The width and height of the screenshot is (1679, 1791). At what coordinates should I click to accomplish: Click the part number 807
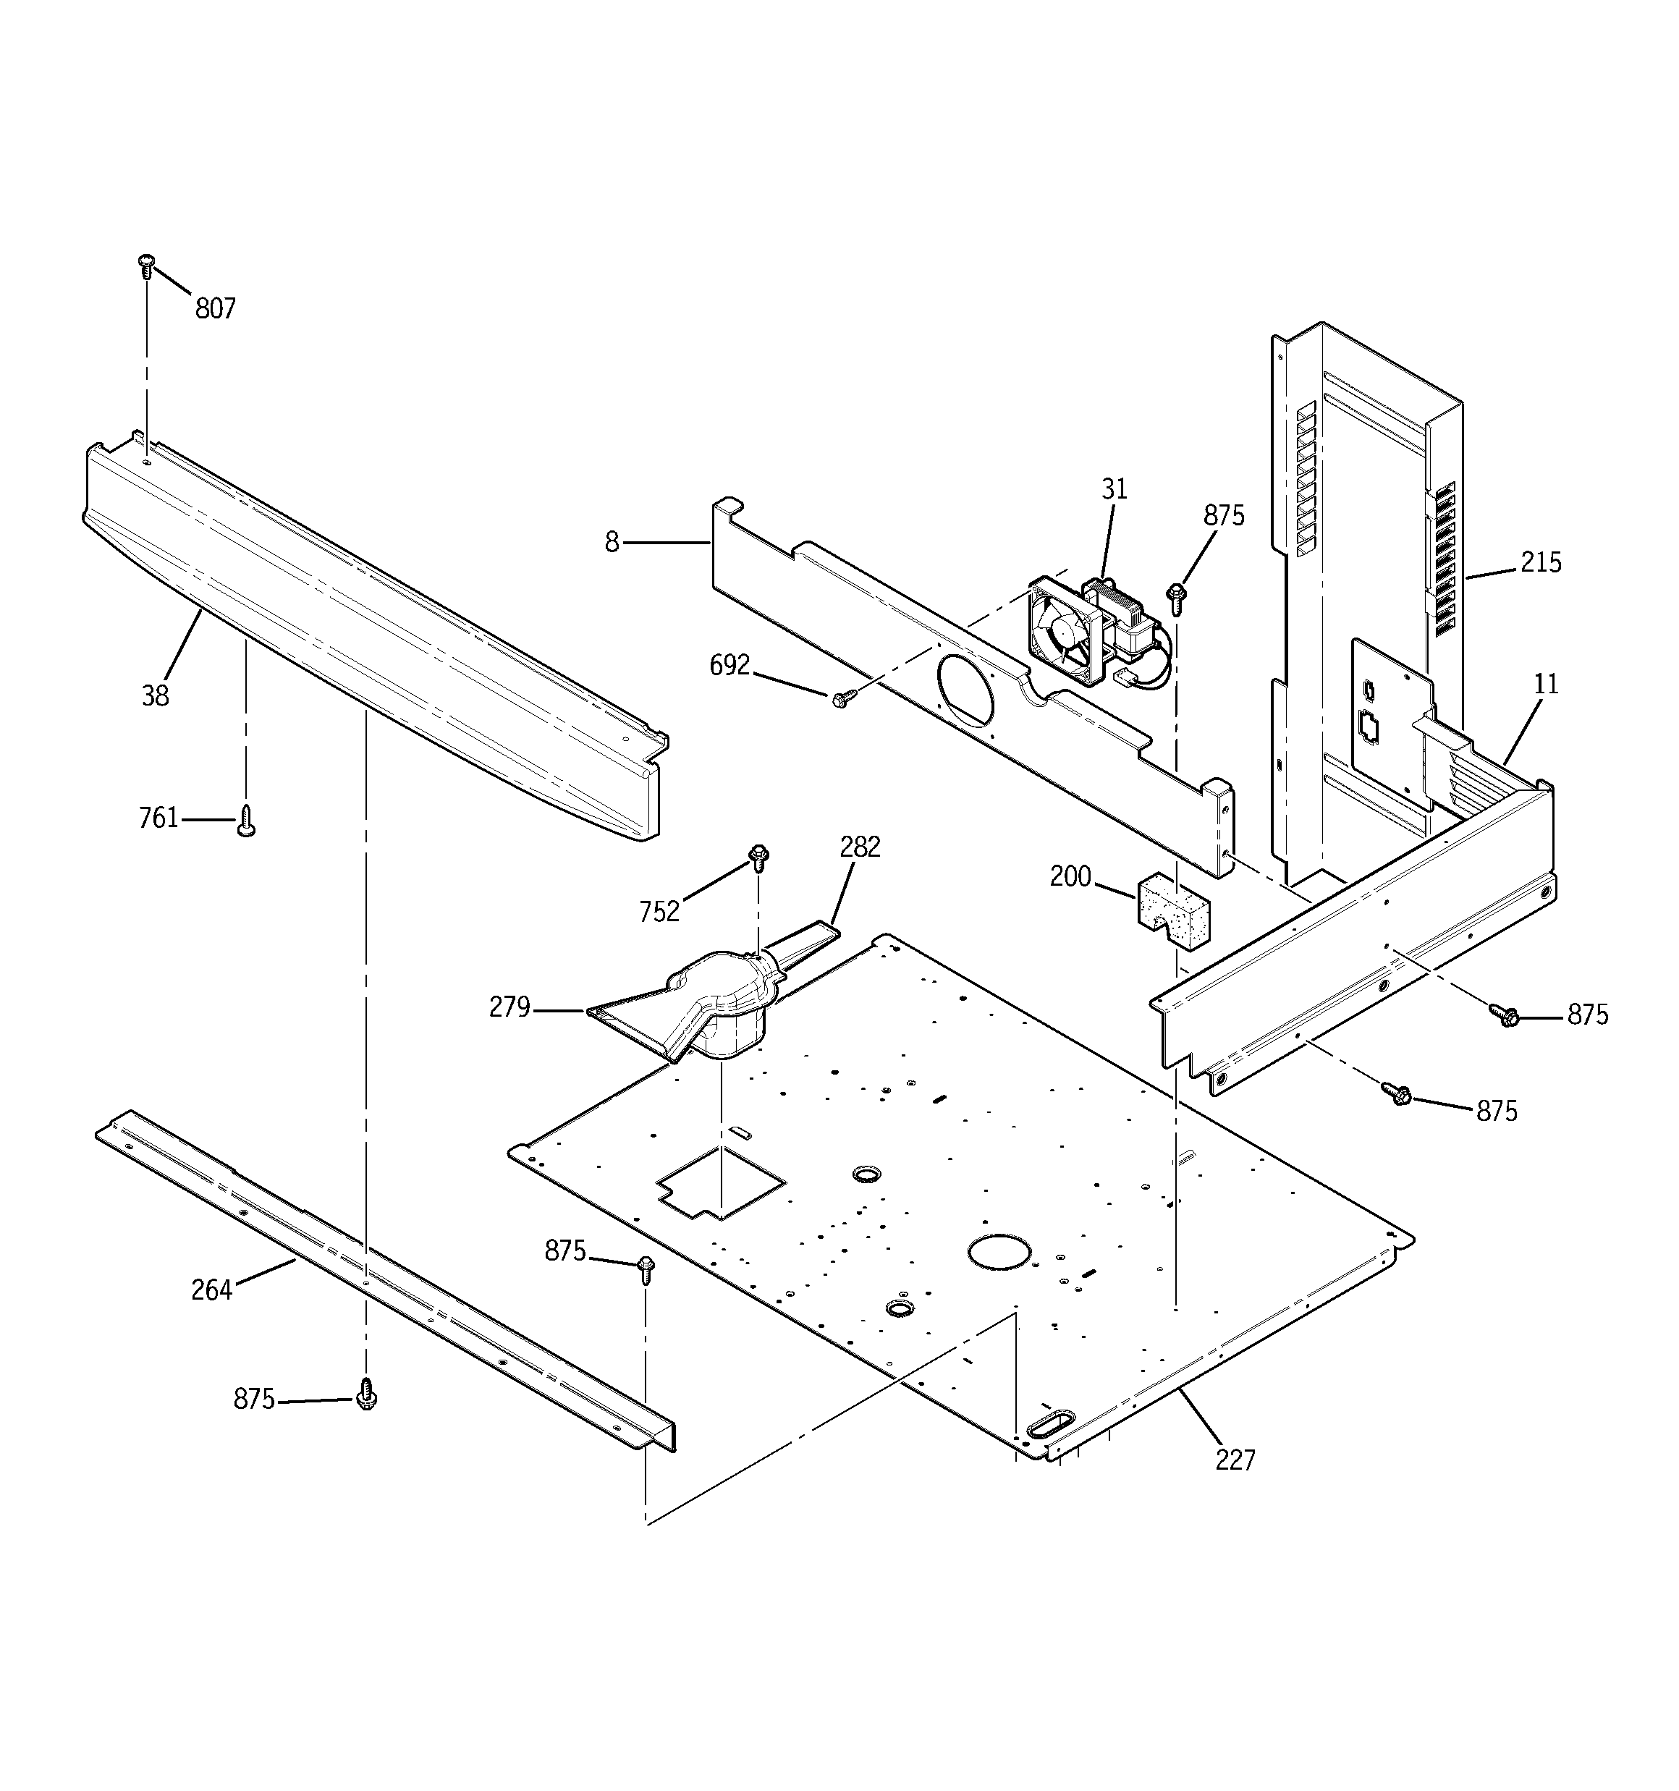tap(216, 309)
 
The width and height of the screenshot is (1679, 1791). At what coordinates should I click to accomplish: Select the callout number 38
tap(155, 695)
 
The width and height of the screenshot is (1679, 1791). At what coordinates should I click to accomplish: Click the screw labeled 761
tap(246, 821)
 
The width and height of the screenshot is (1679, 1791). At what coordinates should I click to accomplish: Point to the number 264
tap(212, 1290)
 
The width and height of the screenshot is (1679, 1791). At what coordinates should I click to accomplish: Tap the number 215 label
tap(1540, 562)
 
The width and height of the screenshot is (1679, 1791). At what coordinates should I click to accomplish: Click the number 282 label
tap(860, 847)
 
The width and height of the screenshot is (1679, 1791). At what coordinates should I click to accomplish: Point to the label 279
tap(509, 1007)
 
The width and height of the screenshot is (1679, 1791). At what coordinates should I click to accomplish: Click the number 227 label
tap(1234, 1460)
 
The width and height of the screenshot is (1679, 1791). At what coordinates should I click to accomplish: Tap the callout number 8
tap(612, 542)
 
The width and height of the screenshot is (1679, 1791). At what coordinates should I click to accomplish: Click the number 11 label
tap(1546, 684)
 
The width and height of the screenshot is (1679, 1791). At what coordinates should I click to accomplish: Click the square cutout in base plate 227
tap(721, 1184)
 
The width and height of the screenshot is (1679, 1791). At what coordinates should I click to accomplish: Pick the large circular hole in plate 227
tap(998, 1253)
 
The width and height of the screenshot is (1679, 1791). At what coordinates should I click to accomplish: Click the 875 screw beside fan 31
tap(1176, 595)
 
